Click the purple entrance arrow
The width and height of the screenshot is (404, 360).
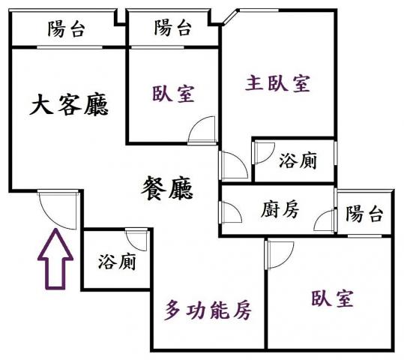pyautogui.click(x=55, y=259)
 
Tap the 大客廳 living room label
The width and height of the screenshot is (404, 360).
pyautogui.click(x=69, y=104)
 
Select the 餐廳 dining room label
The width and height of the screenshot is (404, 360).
pyautogui.click(x=167, y=187)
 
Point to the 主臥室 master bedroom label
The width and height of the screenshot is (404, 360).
pyautogui.click(x=277, y=83)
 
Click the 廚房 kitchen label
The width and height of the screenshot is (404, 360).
pyautogui.click(x=280, y=209)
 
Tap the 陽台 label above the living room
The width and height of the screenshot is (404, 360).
pyautogui.click(x=67, y=28)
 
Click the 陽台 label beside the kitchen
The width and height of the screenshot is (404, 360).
pyautogui.click(x=364, y=214)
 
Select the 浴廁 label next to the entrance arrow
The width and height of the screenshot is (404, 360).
pyautogui.click(x=117, y=262)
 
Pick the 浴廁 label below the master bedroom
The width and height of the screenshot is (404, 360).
pyautogui.click(x=298, y=160)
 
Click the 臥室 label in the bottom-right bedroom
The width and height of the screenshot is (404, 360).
pyautogui.click(x=332, y=299)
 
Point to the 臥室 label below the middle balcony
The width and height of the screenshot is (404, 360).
pyautogui.click(x=173, y=94)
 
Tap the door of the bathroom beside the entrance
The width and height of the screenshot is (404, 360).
pyautogui.click(x=137, y=239)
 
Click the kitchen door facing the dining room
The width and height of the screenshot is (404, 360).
pyautogui.click(x=230, y=212)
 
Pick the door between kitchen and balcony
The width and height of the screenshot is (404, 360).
pyautogui.click(x=325, y=220)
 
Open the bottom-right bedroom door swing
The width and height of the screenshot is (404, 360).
pyautogui.click(x=280, y=255)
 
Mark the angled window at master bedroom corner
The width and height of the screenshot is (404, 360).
pyautogui.click(x=230, y=17)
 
